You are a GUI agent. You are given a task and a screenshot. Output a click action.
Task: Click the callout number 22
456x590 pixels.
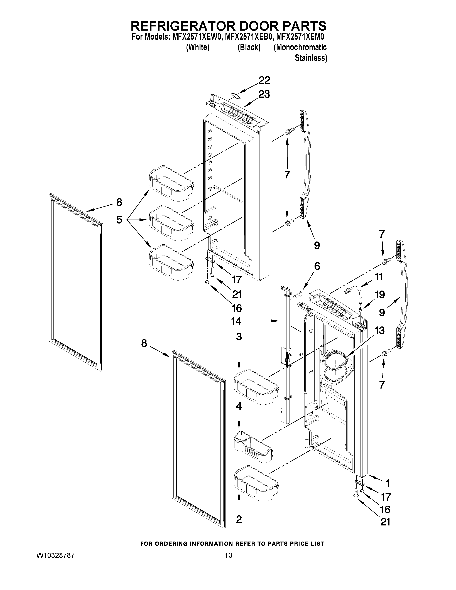[264, 80]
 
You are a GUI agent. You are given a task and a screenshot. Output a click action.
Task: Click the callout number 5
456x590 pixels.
[119, 220]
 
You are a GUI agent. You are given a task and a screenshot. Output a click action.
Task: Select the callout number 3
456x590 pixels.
[239, 337]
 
